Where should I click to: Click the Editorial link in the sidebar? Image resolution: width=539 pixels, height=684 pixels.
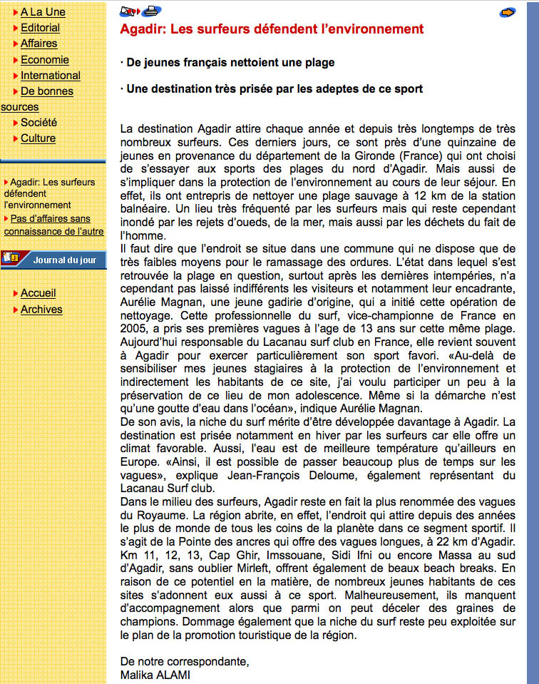click(x=40, y=28)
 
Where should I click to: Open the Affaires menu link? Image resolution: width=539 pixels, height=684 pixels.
click(x=38, y=44)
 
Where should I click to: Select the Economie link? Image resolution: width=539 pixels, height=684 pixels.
click(x=44, y=60)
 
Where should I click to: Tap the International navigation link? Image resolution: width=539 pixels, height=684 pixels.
click(x=50, y=76)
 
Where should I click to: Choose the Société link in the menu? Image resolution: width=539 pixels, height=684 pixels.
click(x=38, y=123)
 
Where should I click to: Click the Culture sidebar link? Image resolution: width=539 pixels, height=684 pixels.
click(x=38, y=138)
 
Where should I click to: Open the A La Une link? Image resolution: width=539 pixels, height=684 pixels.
click(x=43, y=12)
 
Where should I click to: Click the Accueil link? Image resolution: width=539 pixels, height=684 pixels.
click(x=38, y=293)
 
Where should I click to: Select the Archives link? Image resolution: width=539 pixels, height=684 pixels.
click(x=41, y=310)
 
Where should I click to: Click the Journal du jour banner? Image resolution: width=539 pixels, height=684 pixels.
click(x=53, y=260)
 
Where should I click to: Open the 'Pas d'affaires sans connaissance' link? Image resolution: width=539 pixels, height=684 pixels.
click(x=53, y=225)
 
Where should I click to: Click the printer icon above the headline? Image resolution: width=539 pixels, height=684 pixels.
click(x=150, y=11)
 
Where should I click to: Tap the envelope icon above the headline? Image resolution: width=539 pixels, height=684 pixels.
click(x=129, y=11)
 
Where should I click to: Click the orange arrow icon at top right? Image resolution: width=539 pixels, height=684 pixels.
click(x=507, y=12)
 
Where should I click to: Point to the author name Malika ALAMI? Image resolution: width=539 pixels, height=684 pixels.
click(x=155, y=675)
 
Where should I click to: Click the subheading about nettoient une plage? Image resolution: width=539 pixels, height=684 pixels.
click(x=227, y=63)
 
